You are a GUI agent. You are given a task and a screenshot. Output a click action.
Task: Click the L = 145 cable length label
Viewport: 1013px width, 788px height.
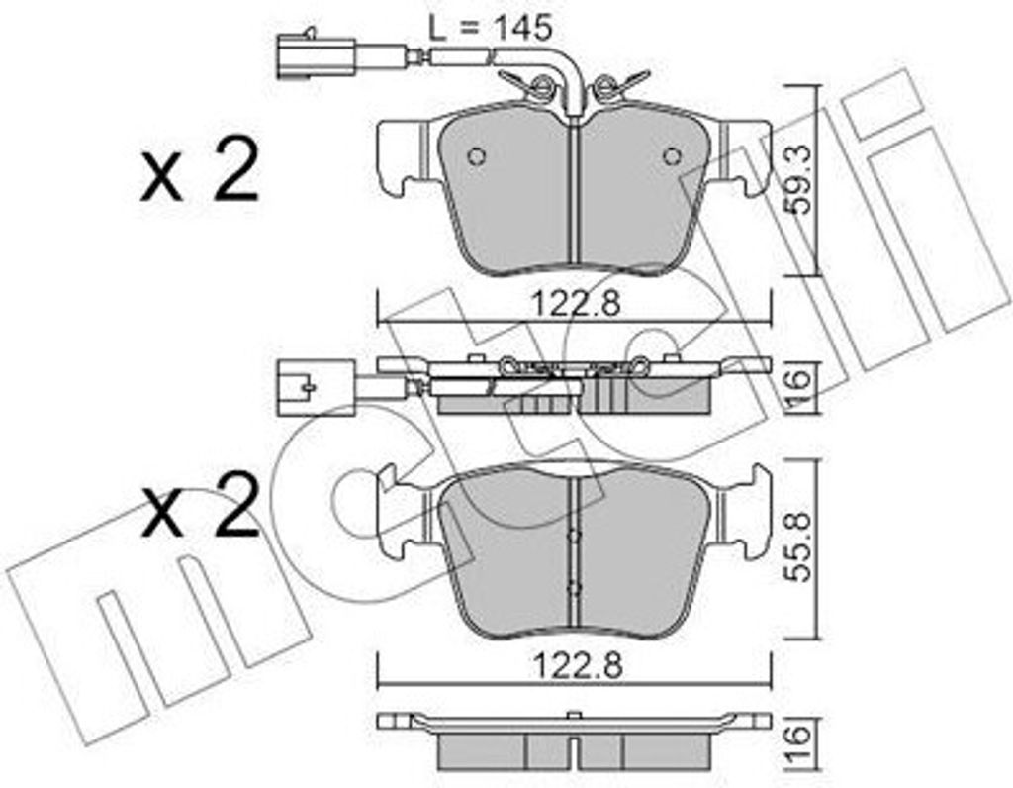pos(490,29)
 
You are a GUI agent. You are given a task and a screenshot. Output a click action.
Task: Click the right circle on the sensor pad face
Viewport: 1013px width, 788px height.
pos(672,155)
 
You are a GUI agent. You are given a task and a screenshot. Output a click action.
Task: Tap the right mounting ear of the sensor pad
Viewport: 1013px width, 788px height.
pos(746,156)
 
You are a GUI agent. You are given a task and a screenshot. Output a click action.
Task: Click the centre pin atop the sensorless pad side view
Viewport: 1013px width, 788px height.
pos(573,715)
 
